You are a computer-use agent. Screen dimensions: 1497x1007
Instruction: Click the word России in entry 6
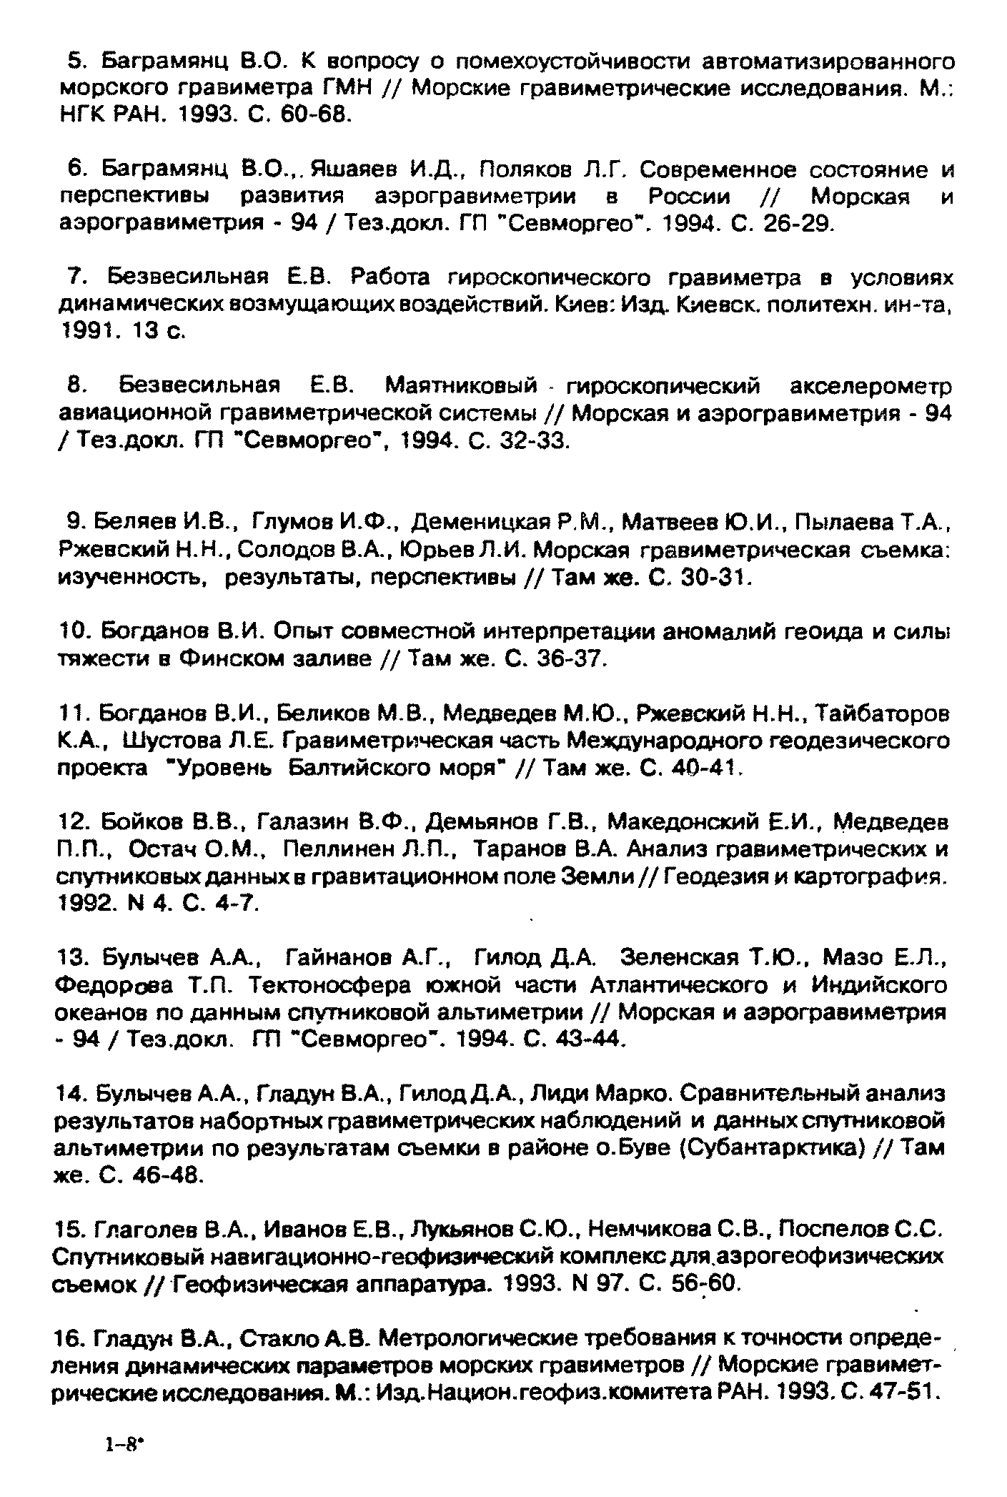[x=689, y=197]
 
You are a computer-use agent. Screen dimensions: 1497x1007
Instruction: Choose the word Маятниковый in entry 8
[x=461, y=387]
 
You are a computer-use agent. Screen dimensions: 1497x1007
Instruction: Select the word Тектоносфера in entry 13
[x=330, y=986]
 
